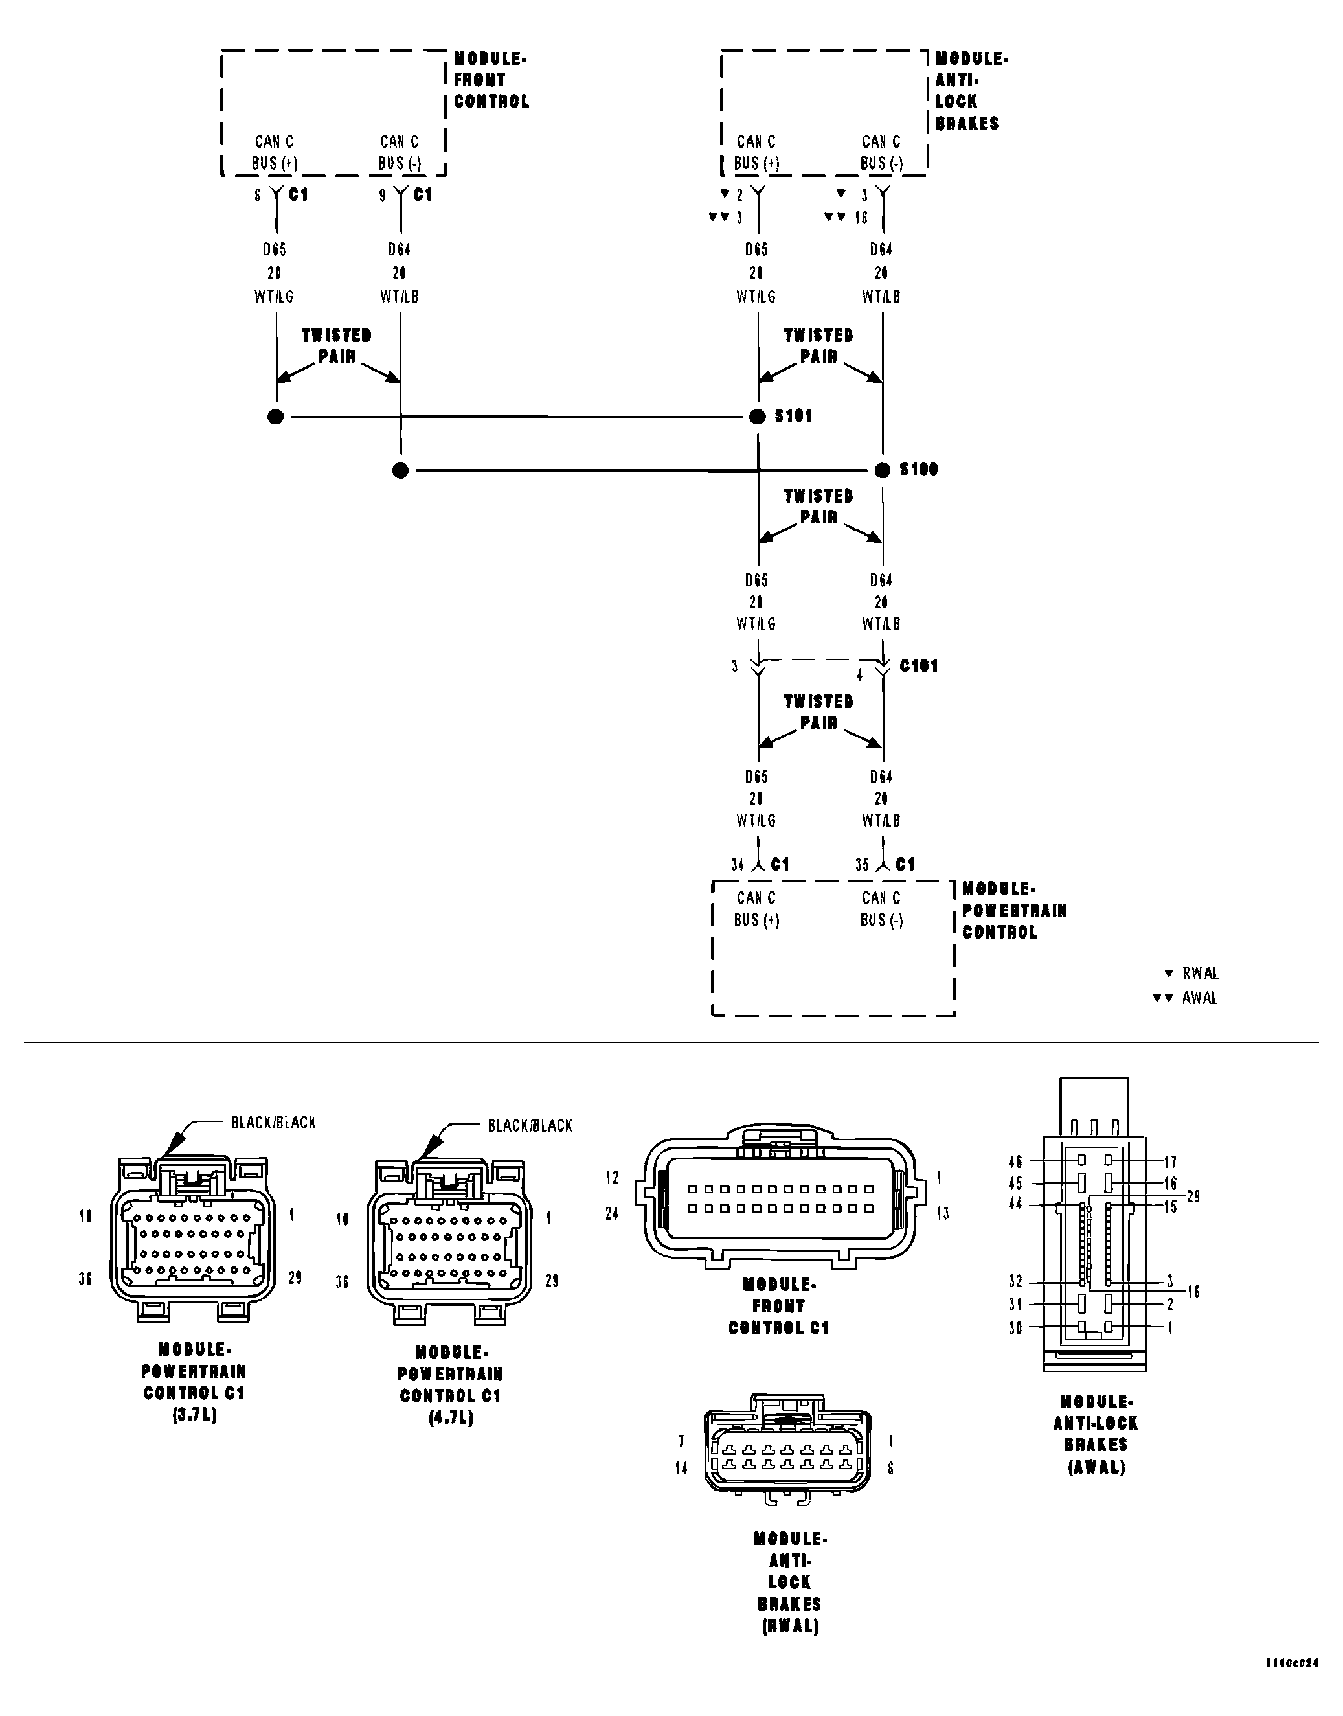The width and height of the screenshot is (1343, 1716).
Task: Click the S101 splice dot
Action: (x=757, y=417)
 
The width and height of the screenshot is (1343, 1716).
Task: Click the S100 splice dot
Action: (x=882, y=470)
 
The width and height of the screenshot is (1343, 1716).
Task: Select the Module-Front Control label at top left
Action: (x=491, y=80)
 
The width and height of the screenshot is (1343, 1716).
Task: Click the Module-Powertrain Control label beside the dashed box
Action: (x=1013, y=910)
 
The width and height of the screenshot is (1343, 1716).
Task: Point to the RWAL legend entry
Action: (x=1192, y=974)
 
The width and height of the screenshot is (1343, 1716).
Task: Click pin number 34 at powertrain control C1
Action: (x=737, y=865)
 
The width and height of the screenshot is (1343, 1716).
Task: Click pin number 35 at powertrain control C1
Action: (x=862, y=865)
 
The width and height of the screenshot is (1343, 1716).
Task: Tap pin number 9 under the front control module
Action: (x=383, y=196)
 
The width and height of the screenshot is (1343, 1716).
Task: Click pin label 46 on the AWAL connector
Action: (x=1015, y=1161)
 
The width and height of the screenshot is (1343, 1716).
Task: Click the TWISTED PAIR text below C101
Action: (x=818, y=712)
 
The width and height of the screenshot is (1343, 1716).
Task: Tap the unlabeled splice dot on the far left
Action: (x=275, y=417)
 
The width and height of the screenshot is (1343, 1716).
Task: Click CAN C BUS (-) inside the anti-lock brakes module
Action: (x=881, y=153)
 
